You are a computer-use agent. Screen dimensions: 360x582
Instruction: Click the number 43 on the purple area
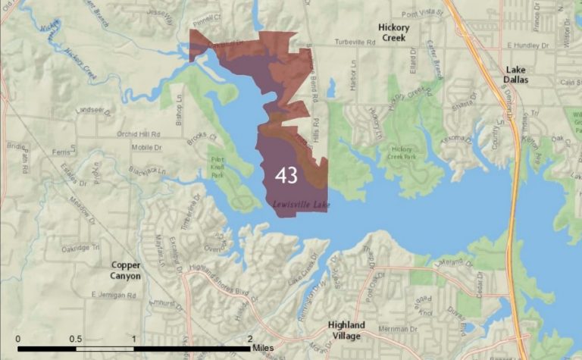[286, 175]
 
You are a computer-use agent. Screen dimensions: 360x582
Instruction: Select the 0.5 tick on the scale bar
[76, 339]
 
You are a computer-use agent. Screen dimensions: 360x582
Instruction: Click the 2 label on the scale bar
[250, 339]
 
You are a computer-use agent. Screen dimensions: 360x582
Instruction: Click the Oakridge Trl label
[80, 247]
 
